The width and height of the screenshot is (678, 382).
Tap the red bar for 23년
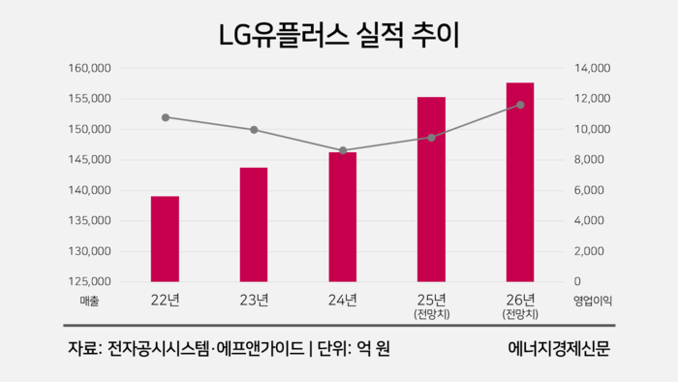(x=254, y=224)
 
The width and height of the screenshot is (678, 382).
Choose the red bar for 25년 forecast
(x=431, y=189)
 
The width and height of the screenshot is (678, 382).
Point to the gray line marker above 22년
(x=166, y=117)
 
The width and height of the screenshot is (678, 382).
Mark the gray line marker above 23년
(x=254, y=130)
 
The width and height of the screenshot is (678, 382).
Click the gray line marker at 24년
(x=343, y=150)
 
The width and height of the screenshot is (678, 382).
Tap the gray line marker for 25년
(x=431, y=138)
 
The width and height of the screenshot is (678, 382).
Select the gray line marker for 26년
(x=520, y=105)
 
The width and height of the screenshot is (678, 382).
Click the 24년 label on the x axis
(x=343, y=299)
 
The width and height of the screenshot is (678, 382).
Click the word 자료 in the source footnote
(x=80, y=348)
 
